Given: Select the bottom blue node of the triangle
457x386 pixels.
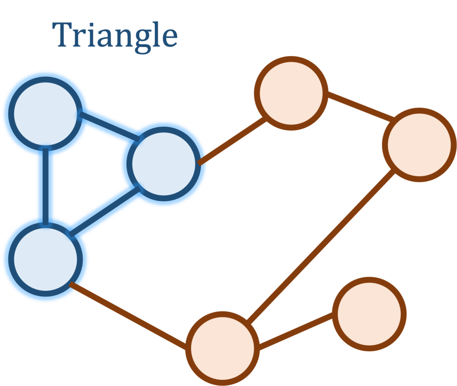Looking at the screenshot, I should click(x=46, y=259).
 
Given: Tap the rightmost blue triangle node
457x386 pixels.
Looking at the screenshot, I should click(x=164, y=164).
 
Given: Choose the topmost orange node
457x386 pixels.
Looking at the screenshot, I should click(x=291, y=93).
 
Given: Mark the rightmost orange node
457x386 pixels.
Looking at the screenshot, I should click(x=419, y=145).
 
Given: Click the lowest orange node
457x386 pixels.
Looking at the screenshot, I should click(x=222, y=348).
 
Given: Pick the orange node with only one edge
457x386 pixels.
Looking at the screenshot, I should click(x=369, y=314).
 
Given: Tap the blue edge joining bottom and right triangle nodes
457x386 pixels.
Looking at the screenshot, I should click(x=105, y=210).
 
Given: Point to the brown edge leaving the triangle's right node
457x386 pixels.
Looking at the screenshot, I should click(x=232, y=141).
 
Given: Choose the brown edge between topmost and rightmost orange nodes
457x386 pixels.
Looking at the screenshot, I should click(x=360, y=106).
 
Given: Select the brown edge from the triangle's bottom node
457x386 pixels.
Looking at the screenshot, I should click(x=129, y=314).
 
